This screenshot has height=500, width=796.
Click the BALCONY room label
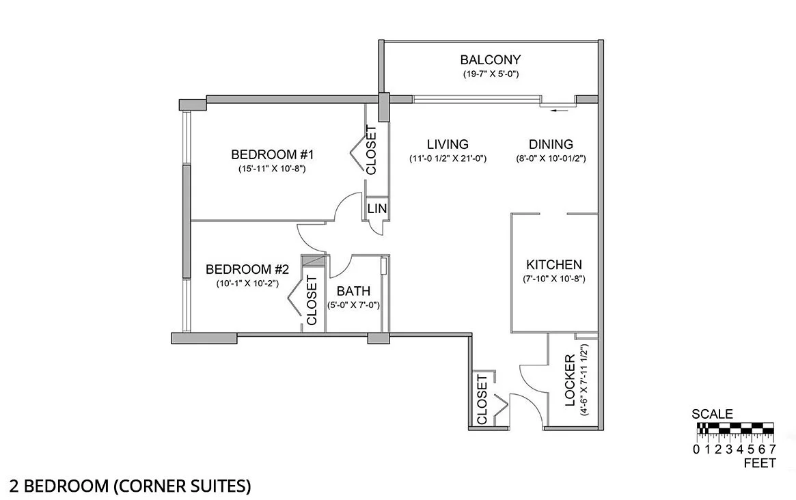(x=490, y=59)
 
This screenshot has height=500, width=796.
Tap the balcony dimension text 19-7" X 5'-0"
(x=490, y=74)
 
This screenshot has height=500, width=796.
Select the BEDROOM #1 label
(x=267, y=154)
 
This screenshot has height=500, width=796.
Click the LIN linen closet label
(x=376, y=209)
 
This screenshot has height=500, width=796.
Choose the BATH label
(x=353, y=292)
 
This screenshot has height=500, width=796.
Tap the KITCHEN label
(x=553, y=264)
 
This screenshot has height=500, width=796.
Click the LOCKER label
(x=571, y=380)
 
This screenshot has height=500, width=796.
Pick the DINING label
(x=551, y=144)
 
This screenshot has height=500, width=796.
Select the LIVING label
(x=448, y=144)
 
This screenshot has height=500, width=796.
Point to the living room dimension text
(x=448, y=158)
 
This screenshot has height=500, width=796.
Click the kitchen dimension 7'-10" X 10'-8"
(x=553, y=279)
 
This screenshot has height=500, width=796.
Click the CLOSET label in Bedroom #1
(x=372, y=150)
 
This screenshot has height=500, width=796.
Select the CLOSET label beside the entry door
(x=482, y=400)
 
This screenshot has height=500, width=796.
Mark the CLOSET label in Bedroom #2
(x=312, y=300)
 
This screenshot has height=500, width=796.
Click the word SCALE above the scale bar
(x=712, y=414)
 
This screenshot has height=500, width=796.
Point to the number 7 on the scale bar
(x=772, y=449)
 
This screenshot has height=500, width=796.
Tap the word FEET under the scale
(x=759, y=463)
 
